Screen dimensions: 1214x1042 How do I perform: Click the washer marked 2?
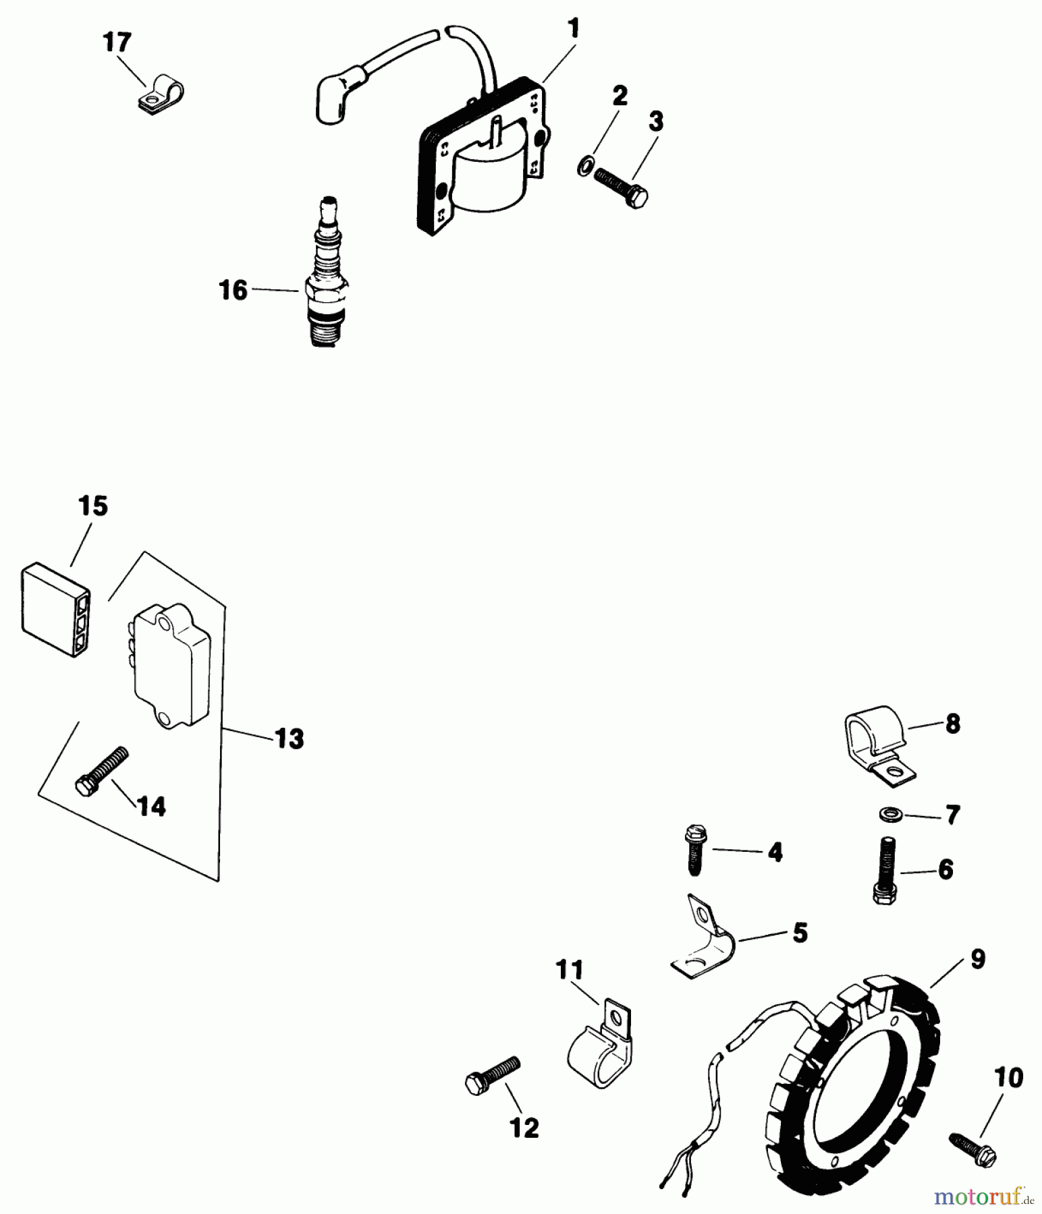[586, 165]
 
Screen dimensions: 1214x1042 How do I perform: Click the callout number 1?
[573, 29]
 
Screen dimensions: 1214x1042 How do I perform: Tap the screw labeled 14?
[101, 771]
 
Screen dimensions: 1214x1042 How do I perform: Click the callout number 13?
[290, 739]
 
